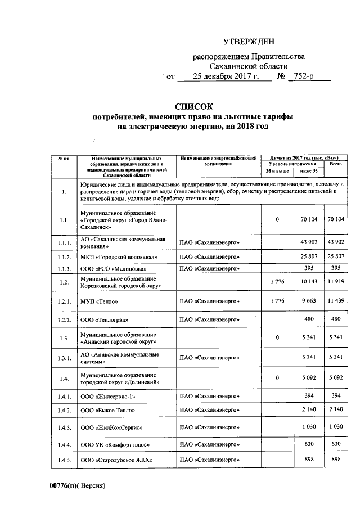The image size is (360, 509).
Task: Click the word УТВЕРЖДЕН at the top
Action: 249,42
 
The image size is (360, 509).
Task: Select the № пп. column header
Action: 64,159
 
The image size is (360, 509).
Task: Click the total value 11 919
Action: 335,283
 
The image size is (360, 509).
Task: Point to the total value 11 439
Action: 335,301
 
